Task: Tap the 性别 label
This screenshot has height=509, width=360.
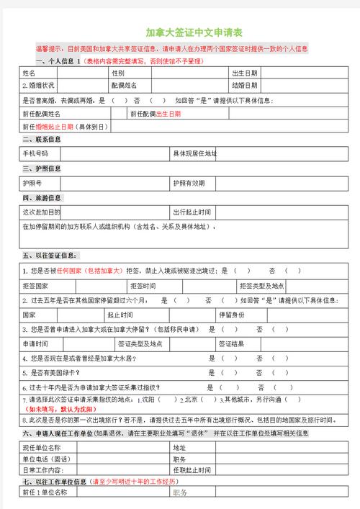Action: [118, 73]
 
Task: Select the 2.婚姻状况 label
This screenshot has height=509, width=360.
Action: [40, 85]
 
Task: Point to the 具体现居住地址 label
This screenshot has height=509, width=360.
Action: [194, 154]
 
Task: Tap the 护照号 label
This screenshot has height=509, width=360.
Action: [33, 184]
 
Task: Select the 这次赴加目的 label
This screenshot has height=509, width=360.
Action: [41, 212]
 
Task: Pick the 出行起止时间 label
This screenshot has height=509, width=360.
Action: [192, 212]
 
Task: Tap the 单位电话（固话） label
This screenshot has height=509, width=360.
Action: [46, 459]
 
